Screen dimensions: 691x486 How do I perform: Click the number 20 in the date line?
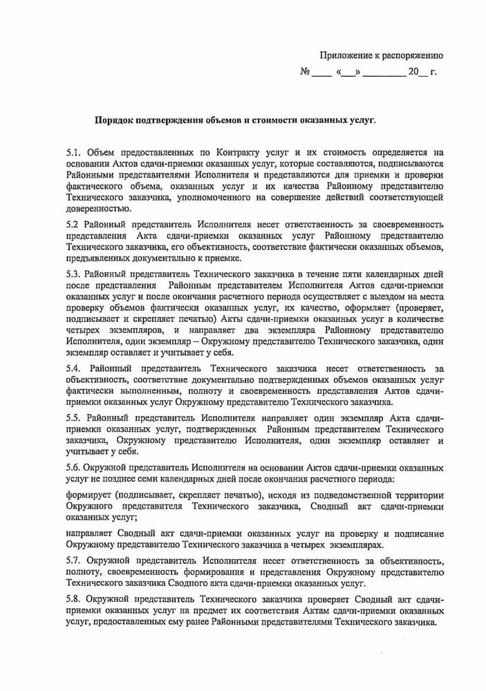[413, 71]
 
